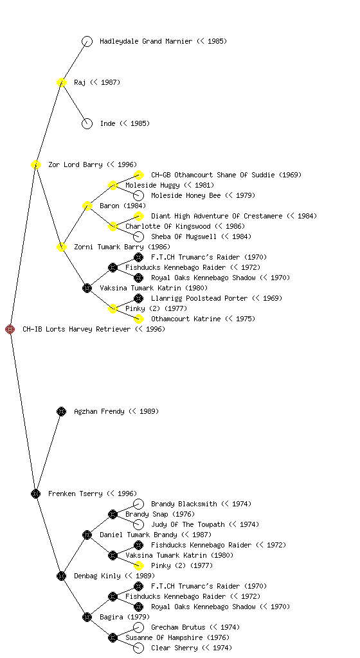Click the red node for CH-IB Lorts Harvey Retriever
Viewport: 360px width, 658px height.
click(10, 330)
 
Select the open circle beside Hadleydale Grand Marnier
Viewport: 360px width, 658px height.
click(87, 42)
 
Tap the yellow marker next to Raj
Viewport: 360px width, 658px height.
click(61, 83)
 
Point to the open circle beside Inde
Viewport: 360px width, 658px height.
click(87, 124)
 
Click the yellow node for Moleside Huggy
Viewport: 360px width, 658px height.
click(113, 186)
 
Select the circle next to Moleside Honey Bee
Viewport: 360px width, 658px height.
click(138, 195)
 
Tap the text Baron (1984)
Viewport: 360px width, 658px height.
click(123, 206)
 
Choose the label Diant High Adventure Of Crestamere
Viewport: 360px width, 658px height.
click(217, 216)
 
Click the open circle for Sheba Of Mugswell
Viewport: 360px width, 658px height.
click(138, 236)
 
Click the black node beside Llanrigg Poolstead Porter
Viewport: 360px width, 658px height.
click(138, 298)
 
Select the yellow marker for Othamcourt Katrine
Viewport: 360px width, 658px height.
click(138, 319)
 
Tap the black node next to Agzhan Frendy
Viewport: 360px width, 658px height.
click(61, 412)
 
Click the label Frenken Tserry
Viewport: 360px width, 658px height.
click(75, 493)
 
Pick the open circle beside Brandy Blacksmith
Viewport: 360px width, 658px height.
click(138, 504)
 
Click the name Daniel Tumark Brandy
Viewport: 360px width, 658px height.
click(138, 535)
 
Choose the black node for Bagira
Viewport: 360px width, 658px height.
click(87, 618)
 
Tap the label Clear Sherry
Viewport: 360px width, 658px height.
click(174, 648)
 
